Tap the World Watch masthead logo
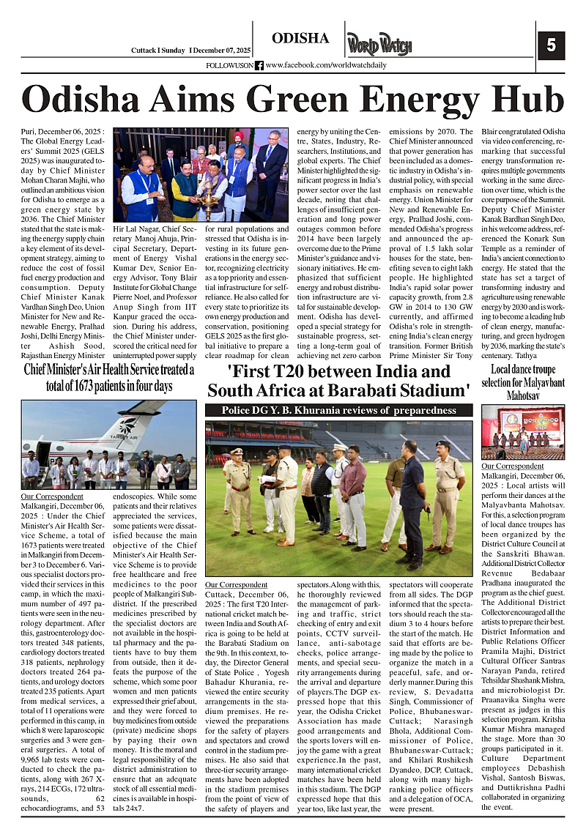coord(379,44)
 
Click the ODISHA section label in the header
coord(300,39)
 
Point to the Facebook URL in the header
coord(326,65)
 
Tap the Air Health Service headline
coord(108,377)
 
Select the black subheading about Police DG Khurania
coord(338,410)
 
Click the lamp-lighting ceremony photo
coord(200,174)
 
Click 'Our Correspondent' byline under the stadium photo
coord(236,584)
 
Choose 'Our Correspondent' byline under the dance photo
coord(513,466)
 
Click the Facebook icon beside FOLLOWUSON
coord(259,65)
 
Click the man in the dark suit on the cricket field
coord(412,498)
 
